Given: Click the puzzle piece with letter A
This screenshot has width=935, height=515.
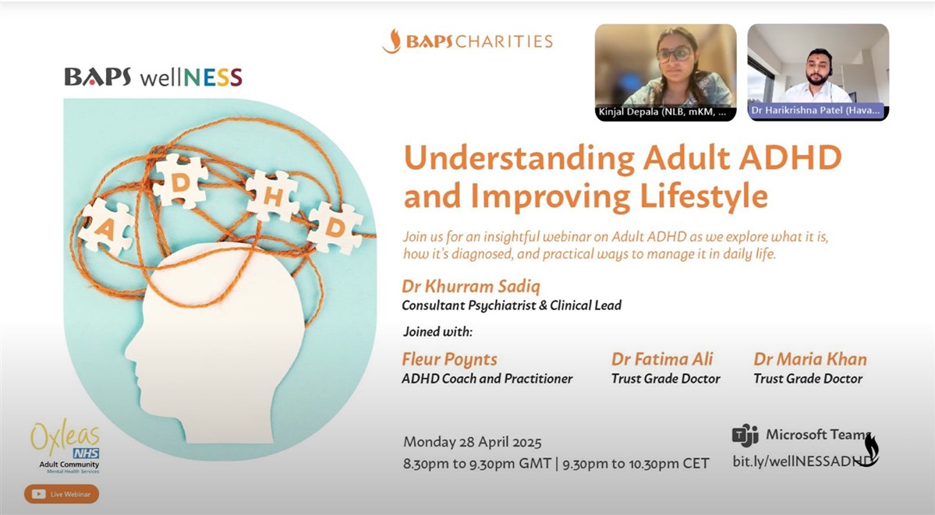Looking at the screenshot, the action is [105, 227].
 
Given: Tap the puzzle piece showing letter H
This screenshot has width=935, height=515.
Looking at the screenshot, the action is [272, 196].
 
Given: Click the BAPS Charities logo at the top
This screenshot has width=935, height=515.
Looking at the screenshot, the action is [468, 41].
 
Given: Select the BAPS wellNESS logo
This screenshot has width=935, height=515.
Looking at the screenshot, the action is [154, 77].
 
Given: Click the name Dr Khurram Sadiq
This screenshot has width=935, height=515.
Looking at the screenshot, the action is [471, 287].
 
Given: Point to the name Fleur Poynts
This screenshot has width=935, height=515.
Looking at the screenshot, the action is [450, 359].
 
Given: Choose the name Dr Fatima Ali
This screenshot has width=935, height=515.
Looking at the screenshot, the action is [662, 359].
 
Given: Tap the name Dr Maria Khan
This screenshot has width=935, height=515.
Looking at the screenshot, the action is [810, 359].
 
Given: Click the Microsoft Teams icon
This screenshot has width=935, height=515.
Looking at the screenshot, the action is [745, 435].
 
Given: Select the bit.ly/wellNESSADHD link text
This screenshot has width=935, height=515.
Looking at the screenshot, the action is [802, 460].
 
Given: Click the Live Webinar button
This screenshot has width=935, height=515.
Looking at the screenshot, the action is [62, 493].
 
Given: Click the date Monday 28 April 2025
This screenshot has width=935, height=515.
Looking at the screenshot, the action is [473, 443].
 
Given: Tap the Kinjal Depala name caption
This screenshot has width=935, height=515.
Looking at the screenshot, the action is [663, 111].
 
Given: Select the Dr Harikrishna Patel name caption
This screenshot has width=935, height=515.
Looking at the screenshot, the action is [815, 111].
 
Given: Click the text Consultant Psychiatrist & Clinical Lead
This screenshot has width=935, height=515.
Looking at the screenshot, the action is [512, 305].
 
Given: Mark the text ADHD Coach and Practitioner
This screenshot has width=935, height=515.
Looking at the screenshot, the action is [487, 379].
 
